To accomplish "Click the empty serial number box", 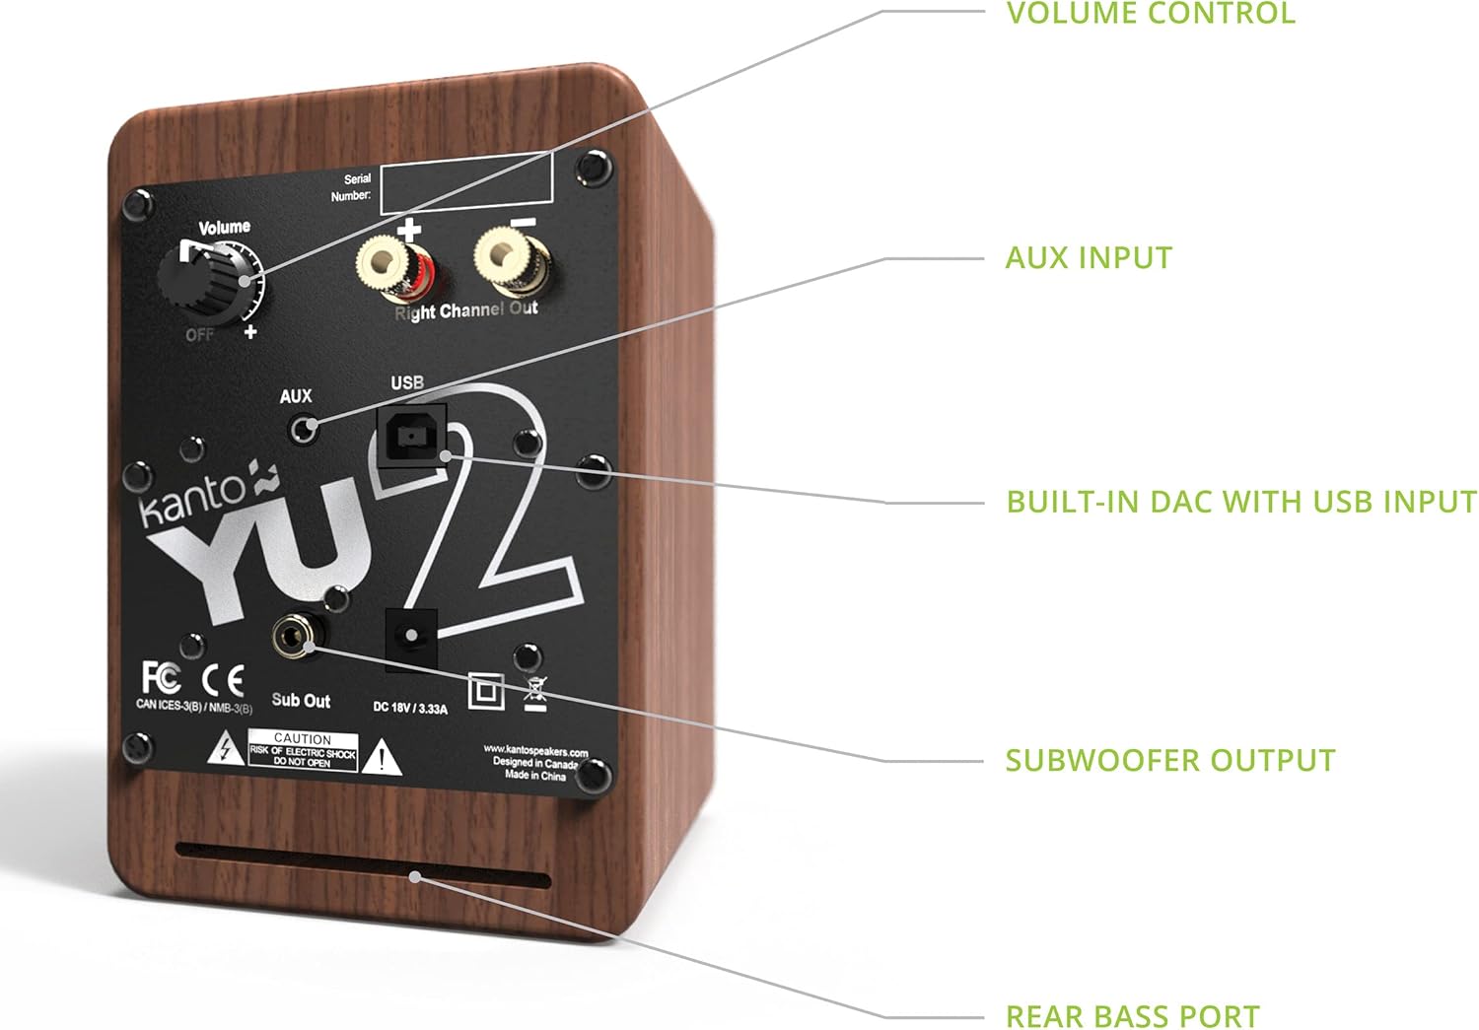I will click(x=465, y=183).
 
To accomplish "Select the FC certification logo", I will click(x=161, y=678).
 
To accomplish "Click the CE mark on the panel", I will click(x=222, y=681).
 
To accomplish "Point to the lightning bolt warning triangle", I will click(x=227, y=751).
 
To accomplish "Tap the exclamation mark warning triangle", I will click(x=382, y=758).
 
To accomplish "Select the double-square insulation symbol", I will click(x=485, y=691).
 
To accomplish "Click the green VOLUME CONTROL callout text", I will click(x=1150, y=14).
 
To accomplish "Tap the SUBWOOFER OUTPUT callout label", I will click(x=1169, y=760).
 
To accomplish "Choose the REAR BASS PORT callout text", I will click(x=1132, y=1015).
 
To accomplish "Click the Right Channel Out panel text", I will click(x=466, y=310).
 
